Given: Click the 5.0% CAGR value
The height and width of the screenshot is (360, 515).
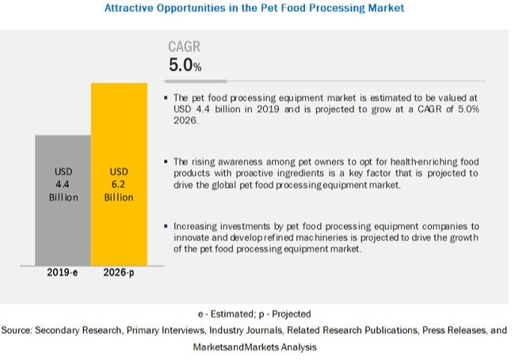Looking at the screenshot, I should click(x=185, y=65).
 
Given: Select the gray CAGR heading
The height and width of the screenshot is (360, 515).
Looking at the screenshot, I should click(x=185, y=47).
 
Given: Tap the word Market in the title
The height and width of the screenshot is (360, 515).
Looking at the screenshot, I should click(x=384, y=8).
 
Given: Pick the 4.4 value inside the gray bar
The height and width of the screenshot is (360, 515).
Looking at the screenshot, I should click(x=63, y=184).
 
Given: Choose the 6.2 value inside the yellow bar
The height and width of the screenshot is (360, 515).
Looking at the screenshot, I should click(x=118, y=184).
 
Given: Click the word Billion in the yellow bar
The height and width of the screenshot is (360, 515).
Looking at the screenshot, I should click(x=118, y=197).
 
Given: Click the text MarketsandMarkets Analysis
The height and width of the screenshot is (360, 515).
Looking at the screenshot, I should click(x=254, y=347).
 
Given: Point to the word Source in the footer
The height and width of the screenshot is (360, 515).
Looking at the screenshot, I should click(x=17, y=330).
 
